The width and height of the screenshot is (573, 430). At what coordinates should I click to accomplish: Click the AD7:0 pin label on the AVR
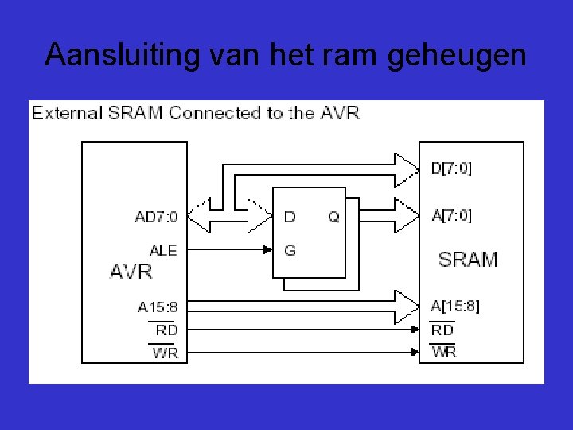[x=157, y=217]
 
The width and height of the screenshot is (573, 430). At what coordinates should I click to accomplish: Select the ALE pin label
[x=163, y=250]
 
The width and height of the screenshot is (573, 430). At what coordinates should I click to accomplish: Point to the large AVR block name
[x=131, y=272]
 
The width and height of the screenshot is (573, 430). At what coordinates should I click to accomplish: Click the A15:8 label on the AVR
[x=158, y=307]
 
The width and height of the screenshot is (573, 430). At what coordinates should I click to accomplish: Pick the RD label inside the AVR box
[x=166, y=330]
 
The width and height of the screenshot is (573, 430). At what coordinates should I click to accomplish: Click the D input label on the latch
[x=290, y=217]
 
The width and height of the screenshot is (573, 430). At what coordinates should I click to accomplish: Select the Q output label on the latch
[x=333, y=217]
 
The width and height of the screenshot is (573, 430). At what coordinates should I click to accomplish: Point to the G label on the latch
[x=290, y=250]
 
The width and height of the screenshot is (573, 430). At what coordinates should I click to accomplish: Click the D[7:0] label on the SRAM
[x=451, y=169]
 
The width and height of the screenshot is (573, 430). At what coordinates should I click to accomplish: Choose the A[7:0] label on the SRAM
[x=451, y=215]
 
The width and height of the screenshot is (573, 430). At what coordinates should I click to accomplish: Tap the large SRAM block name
[x=468, y=260]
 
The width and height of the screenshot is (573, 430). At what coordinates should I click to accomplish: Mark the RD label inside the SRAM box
[x=442, y=330]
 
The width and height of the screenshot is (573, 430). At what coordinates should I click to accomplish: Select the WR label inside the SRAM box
[x=443, y=351]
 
